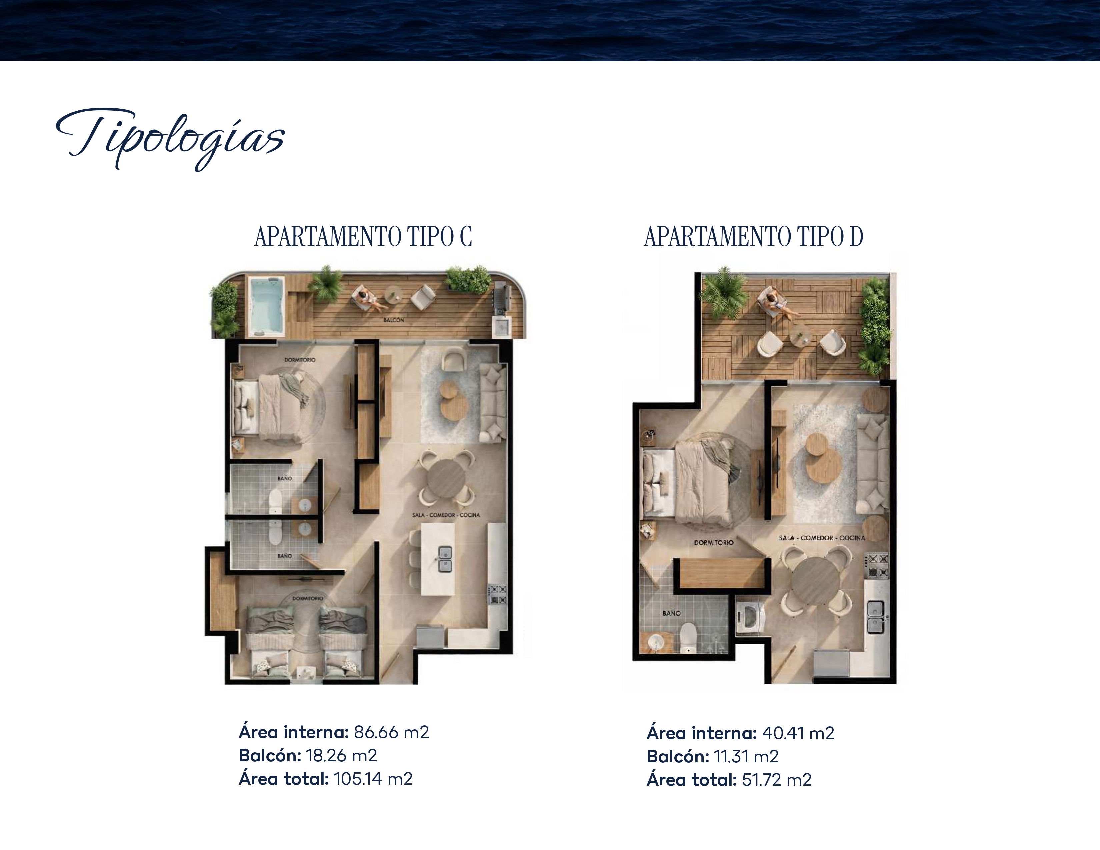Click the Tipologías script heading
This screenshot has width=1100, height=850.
tap(170, 138)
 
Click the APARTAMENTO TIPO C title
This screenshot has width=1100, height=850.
tap(363, 237)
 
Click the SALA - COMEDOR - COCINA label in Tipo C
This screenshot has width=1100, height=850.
tap(446, 515)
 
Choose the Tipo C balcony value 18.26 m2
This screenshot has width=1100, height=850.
tap(341, 755)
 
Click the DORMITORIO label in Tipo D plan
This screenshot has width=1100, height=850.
tap(714, 543)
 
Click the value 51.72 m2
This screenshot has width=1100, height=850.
tap(777, 780)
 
